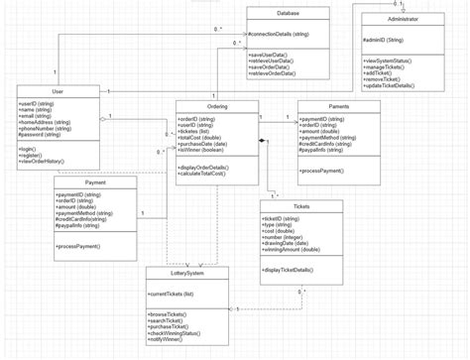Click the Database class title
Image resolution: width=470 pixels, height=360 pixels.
click(x=288, y=13)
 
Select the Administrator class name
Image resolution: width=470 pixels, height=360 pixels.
click(x=403, y=19)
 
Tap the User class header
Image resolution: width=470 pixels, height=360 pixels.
click(x=58, y=91)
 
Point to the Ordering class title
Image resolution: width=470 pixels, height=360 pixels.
click(x=216, y=106)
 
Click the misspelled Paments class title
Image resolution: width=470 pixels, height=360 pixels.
click(x=338, y=106)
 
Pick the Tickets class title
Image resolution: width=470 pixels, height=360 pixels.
click(x=301, y=206)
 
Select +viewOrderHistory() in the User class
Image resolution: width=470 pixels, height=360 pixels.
click(x=42, y=161)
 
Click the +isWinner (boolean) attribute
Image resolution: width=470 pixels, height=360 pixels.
click(x=207, y=148)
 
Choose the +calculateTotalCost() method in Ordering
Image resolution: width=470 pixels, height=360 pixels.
click(x=209, y=174)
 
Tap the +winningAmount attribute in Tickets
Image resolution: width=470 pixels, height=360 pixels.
click(x=296, y=249)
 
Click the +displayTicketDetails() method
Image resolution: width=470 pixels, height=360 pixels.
click(x=294, y=270)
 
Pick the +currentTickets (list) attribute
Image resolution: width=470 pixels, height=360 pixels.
click(x=171, y=294)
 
